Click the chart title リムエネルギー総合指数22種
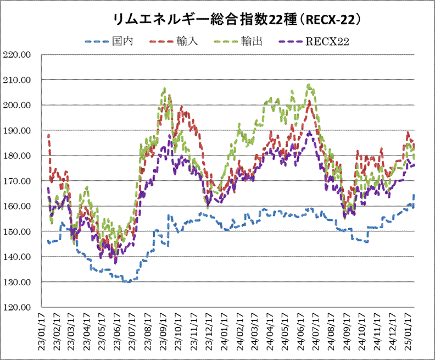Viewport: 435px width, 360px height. (x=205, y=20)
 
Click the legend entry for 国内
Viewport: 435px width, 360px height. (x=109, y=41)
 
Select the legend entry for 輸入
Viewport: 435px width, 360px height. (x=174, y=41)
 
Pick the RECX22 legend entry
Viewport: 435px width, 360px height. (x=314, y=41)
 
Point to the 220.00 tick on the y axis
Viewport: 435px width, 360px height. (x=16, y=54)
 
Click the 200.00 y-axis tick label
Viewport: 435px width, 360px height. (x=16, y=105)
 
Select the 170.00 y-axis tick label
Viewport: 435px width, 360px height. (x=16, y=181)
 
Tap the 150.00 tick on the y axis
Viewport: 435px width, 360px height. (x=16, y=231)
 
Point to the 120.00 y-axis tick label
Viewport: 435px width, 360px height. (x=16, y=307)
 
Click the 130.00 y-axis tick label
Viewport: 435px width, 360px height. (x=16, y=282)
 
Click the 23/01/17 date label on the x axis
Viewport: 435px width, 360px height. (x=41, y=331)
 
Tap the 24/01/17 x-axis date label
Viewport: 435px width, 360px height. (x=224, y=331)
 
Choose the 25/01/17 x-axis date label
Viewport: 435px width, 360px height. (x=407, y=331)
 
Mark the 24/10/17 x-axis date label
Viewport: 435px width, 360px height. (x=361, y=331)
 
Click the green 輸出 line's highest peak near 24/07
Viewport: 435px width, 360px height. (x=309, y=85)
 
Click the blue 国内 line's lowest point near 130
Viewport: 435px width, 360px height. (x=128, y=282)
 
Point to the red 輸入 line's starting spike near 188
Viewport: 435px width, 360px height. (x=49, y=135)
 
